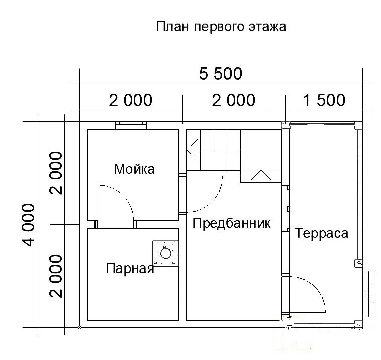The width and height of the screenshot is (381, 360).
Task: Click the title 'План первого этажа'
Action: tap(221, 26)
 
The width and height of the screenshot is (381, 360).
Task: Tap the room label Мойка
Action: tap(134, 169)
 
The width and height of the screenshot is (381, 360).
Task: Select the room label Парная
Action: tap(130, 268)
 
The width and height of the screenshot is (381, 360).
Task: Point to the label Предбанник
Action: tap(231, 223)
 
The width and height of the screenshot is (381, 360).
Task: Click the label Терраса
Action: tap(322, 233)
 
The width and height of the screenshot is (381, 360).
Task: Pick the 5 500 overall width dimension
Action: tap(221, 73)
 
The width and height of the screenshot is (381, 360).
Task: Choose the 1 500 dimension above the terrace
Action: tap(324, 100)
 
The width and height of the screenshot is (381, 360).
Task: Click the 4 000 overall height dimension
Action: tap(28, 225)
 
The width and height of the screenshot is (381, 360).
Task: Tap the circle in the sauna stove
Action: tap(166, 253)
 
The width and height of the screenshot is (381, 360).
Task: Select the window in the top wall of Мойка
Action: tap(131, 125)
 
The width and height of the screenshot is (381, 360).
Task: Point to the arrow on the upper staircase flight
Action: tap(193, 150)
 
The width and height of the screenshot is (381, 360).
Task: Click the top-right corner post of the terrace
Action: tap(359, 125)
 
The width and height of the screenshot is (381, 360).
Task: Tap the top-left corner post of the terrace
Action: tap(285, 125)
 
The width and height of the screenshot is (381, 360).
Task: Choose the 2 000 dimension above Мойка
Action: tap(131, 100)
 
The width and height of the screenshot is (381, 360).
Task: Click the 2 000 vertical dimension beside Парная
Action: tap(56, 276)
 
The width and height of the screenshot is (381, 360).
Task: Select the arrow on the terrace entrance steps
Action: tap(368, 294)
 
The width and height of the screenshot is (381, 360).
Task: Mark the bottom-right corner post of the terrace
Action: tap(359, 324)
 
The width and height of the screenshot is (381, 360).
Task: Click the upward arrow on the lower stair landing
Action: tap(261, 175)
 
